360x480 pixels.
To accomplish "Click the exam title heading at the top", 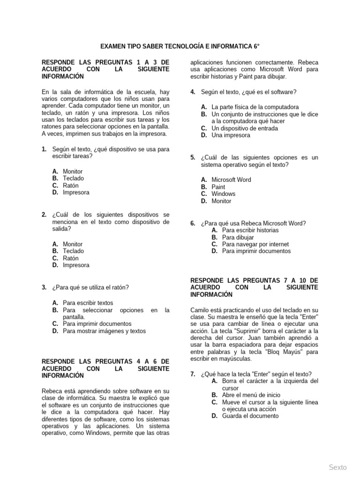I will [180, 47].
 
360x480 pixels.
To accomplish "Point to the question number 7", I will [193, 374].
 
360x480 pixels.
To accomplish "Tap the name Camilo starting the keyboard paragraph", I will [200, 310].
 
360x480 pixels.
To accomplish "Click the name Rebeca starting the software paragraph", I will [52, 391].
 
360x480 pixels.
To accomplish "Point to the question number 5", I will [193, 157].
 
